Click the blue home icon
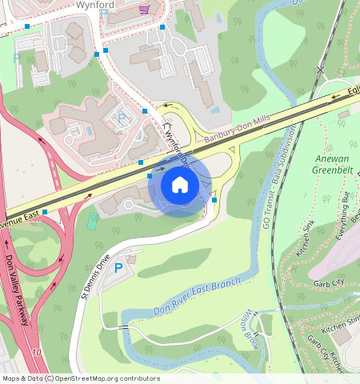(x=180, y=186)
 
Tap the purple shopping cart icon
(x=144, y=10)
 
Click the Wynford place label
(x=95, y=4)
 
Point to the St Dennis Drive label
(x=94, y=274)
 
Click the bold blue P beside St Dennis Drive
(x=118, y=268)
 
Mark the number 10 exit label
(x=36, y=352)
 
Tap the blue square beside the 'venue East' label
(x=45, y=212)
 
